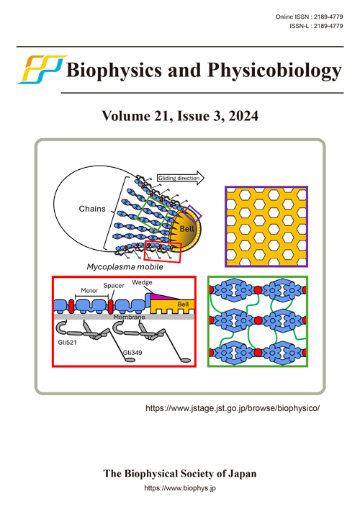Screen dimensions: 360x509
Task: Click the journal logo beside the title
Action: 42,69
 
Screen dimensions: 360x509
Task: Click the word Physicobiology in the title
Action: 274,71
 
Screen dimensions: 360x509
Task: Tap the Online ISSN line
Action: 309,17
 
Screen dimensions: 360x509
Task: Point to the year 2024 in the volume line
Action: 243,116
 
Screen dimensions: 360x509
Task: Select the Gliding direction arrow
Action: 181,178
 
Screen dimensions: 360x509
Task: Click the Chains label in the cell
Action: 92,209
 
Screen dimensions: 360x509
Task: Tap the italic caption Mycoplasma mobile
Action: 125,267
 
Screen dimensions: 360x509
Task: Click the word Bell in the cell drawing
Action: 187,229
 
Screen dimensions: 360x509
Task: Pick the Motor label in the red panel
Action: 89,291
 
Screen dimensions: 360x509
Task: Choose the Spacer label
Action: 114,286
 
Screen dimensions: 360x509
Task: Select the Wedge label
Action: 142,282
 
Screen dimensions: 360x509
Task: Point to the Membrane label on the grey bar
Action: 129,317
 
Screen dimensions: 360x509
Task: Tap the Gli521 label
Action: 67,342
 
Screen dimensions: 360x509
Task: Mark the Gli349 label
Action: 132,353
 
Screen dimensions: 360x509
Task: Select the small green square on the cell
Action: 153,213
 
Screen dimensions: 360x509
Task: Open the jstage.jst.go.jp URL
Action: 233,408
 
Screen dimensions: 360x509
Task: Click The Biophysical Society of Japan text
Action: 180,474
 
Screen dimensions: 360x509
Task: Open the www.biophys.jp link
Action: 180,488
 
